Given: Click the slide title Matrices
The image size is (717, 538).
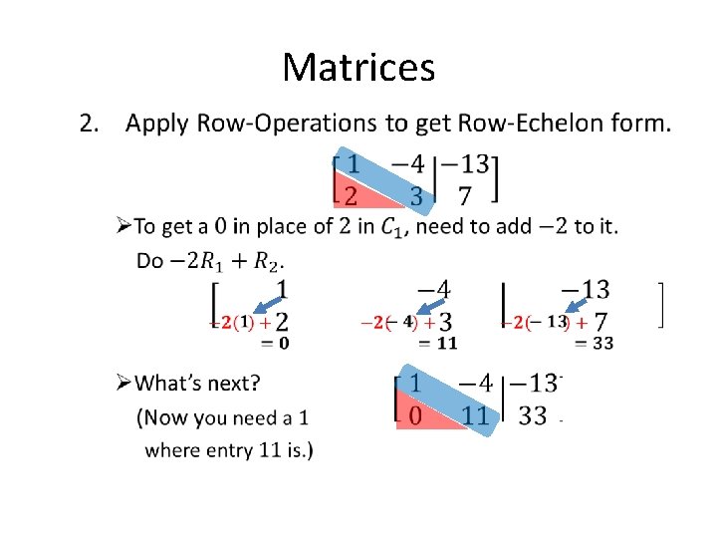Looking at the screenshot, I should pyautogui.click(x=358, y=68).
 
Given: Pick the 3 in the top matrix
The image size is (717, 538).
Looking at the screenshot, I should pyautogui.click(x=416, y=194).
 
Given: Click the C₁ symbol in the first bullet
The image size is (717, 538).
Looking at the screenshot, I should pyautogui.click(x=393, y=227).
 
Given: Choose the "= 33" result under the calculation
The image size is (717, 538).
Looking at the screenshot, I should pyautogui.click(x=594, y=344).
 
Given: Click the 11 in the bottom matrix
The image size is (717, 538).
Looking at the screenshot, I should pyautogui.click(x=476, y=415).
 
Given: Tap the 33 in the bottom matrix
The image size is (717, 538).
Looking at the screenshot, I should pyautogui.click(x=533, y=415).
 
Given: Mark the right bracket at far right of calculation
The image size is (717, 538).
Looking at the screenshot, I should pyautogui.click(x=659, y=304).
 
